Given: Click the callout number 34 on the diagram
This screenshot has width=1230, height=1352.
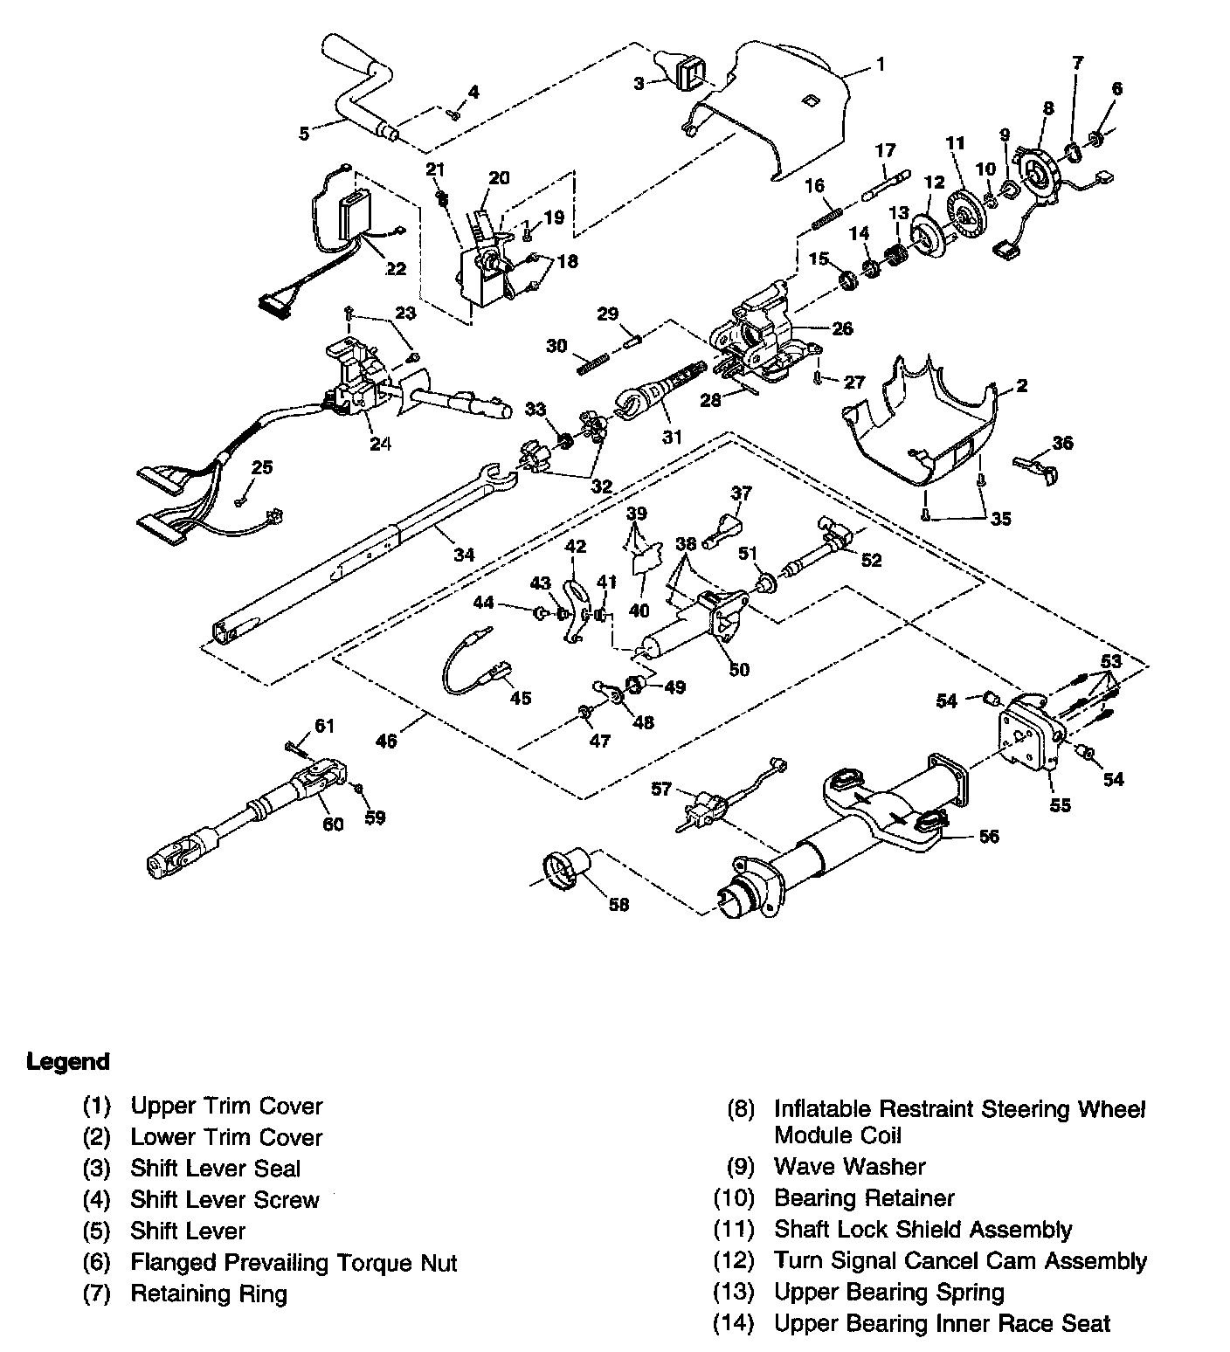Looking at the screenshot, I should pos(463,555).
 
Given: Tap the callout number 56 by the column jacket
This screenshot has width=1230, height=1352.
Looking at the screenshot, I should pos(988,836).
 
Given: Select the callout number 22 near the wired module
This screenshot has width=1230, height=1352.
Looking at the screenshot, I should pos(396,268).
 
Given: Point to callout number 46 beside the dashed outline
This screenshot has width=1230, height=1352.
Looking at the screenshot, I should pos(386,741).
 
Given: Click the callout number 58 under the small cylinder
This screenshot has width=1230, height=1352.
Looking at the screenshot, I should pos(618,905).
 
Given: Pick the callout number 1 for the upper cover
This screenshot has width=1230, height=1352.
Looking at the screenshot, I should pos(881,64).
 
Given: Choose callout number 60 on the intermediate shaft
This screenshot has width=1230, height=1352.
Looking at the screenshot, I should pos(333,823).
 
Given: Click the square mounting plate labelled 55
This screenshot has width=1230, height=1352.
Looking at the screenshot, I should pos(1026,735).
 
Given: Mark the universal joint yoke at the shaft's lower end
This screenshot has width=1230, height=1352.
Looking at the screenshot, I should pos(179,852).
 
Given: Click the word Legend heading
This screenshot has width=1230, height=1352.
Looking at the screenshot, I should pos(68,1062).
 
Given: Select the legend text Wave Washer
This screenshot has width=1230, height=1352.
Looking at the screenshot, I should pos(849,1167).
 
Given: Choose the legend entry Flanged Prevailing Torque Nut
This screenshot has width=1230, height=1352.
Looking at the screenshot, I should pos(294,1262).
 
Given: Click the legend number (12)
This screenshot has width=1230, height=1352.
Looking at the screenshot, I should pos(733,1260).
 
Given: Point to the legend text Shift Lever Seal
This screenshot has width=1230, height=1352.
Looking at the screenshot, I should pos(215,1169).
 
